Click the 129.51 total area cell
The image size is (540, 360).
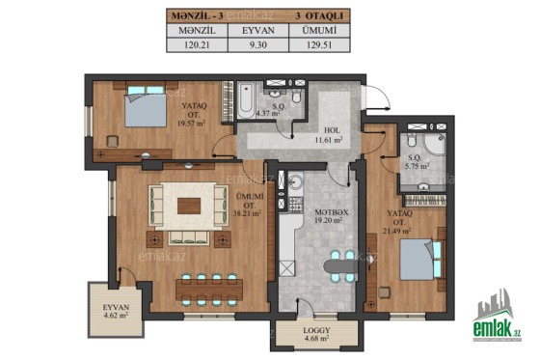tap(319, 44)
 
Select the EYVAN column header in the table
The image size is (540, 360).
tap(258, 31)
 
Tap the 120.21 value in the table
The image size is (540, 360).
tap(197, 44)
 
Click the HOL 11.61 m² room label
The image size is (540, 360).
tap(329, 135)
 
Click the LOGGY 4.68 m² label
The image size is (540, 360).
tap(316, 335)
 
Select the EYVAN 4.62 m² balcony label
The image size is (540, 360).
tap(116, 311)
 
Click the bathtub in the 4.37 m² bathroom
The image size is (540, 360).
tap(246, 100)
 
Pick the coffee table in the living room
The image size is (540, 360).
tap(189, 206)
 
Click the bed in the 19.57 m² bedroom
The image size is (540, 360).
tap(146, 105)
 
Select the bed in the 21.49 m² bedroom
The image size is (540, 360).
tap(420, 260)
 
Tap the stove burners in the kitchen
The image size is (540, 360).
tap(295, 205)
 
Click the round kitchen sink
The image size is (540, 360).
tap(295, 180)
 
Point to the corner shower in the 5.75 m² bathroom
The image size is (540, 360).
tap(435, 144)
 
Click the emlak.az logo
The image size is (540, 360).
tap(497, 316)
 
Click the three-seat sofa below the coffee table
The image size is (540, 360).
tap(189, 238)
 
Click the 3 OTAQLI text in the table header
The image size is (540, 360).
tap(319, 15)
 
